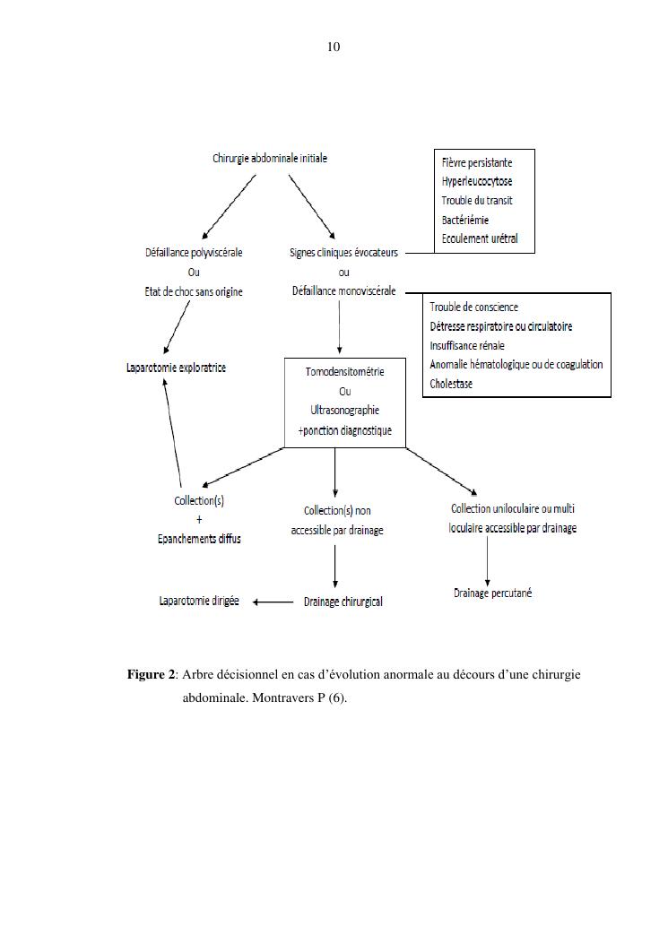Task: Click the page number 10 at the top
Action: [x=334, y=47]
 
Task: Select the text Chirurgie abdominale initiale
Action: [x=270, y=159]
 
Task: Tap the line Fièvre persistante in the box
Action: [x=477, y=162]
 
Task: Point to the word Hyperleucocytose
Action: [x=477, y=181]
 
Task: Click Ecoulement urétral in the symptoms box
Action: [x=480, y=238]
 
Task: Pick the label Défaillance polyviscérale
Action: [x=194, y=252]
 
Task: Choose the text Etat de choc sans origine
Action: [x=194, y=292]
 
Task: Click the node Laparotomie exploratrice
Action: [x=176, y=368]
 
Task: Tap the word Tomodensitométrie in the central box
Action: [x=344, y=371]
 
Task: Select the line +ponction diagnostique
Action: [x=344, y=430]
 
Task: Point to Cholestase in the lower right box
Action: [x=451, y=384]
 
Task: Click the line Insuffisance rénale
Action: [x=467, y=345]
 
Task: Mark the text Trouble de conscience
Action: [x=474, y=307]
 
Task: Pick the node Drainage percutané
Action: [x=493, y=593]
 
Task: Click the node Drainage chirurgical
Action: [x=343, y=602]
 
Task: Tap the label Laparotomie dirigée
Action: [x=199, y=601]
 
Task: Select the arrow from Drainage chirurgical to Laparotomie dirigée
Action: [x=273, y=602]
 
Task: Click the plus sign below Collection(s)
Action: [x=199, y=520]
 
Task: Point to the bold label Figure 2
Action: [x=152, y=675]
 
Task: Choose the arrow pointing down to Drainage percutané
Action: [x=487, y=561]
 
